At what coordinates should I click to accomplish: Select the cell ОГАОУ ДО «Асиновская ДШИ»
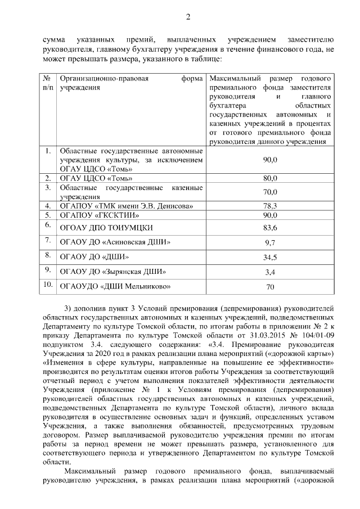[115, 242]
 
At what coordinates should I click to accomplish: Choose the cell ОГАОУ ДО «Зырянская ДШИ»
[113, 272]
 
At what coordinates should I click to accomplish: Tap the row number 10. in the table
[48, 285]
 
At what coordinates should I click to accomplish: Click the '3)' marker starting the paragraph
[69, 308]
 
